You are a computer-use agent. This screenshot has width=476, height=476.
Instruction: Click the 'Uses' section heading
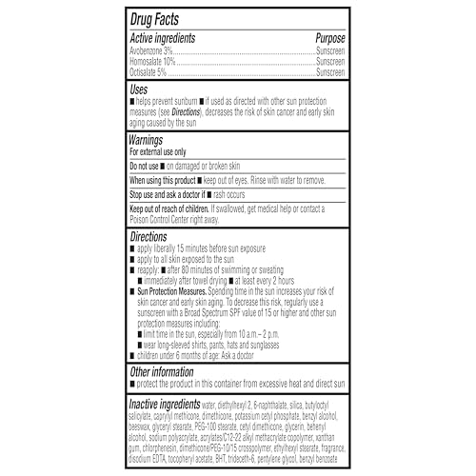coord(140,87)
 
